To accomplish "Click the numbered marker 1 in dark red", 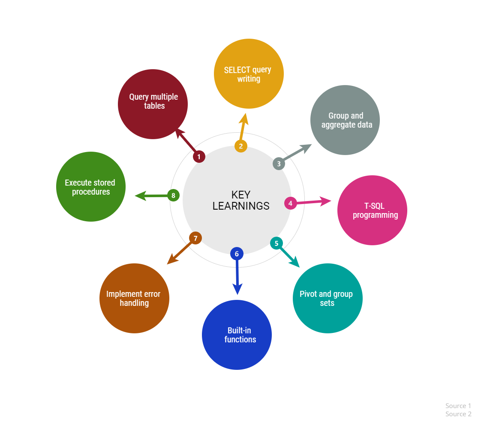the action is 199,157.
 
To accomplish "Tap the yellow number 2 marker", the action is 241,146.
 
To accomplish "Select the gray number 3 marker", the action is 279,164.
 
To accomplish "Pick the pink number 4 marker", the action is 291,203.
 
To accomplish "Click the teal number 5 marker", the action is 277,243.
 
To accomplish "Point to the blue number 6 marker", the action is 237,253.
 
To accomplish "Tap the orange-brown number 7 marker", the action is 195,238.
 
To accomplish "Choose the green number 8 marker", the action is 173,195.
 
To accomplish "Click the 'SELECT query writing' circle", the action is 249,74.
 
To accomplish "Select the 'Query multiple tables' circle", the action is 153,104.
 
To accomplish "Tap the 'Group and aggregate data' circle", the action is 345,120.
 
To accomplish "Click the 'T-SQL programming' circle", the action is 373,210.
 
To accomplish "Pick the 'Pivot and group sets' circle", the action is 328,298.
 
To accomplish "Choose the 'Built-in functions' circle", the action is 237,335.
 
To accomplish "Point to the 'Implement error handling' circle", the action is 134,298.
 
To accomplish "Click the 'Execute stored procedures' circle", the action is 91,186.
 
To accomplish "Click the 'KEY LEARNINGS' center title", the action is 241,200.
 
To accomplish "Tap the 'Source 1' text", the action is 458,406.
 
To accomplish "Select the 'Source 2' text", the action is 458,414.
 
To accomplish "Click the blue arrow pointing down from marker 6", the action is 237,274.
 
